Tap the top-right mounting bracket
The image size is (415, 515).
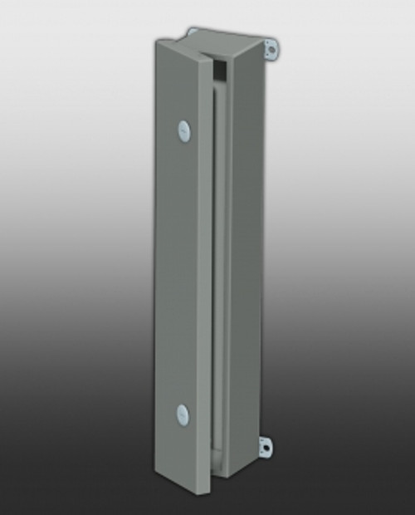[270, 49]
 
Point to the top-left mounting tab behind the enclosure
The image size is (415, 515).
[193, 32]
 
